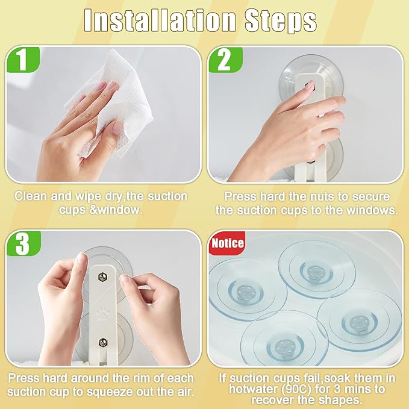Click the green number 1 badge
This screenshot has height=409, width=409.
[23, 60]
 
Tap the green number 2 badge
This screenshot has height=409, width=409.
[225, 60]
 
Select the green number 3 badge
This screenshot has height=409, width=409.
[23, 243]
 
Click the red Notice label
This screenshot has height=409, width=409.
[228, 243]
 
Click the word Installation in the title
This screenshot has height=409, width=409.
[160, 21]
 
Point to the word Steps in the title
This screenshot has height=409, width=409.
[281, 22]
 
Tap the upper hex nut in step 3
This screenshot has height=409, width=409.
[102, 277]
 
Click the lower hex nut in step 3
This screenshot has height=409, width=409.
[103, 342]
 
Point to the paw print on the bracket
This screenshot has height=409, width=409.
[102, 312]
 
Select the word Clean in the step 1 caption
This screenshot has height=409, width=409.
[31, 196]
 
